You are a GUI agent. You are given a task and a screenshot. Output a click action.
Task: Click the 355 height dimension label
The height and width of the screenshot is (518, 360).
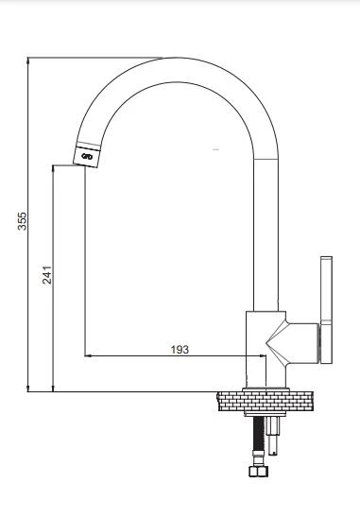22,221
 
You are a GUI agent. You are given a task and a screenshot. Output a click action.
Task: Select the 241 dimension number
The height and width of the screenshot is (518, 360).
47,275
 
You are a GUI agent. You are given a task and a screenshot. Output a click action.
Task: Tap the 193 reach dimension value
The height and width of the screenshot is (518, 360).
180,349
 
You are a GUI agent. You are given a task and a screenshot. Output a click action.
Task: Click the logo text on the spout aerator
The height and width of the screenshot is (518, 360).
87,157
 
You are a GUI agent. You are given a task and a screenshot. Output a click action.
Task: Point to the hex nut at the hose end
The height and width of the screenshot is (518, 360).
258,471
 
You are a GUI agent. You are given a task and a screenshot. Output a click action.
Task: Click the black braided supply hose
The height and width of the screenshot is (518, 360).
259,433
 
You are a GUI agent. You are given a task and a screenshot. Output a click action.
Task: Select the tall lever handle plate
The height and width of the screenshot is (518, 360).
326,309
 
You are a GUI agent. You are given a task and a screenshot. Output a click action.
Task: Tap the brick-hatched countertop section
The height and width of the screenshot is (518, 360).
266,402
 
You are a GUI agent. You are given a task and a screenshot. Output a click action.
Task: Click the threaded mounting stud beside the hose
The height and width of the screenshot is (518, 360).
273,436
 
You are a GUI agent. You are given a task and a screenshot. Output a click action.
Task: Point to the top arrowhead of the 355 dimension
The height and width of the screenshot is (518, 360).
28,60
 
